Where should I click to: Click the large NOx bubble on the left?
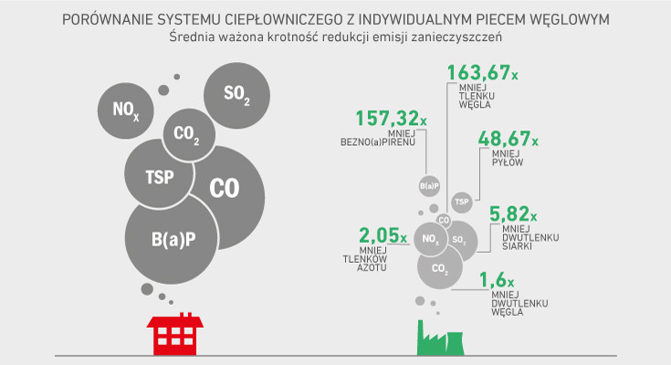click(x=126, y=111)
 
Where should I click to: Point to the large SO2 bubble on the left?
click(x=236, y=95)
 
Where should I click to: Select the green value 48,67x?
click(x=508, y=141)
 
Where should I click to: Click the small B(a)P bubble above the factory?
click(x=429, y=185)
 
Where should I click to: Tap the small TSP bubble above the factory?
click(x=461, y=201)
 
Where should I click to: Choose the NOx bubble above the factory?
click(x=430, y=239)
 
